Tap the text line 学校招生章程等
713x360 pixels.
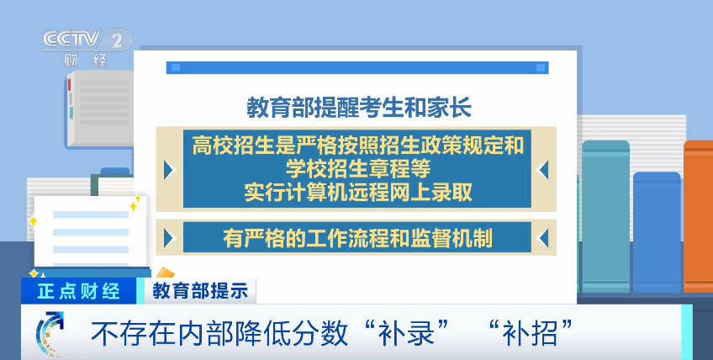(357, 168)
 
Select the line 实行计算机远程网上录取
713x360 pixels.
(357, 192)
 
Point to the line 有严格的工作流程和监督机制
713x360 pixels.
(357, 237)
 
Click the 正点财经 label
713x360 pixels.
(79, 291)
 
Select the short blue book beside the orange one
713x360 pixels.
(657, 232)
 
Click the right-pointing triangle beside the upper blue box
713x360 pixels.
(170, 169)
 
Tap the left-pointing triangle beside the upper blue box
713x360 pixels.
(543, 169)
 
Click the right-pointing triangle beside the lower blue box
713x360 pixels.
(170, 236)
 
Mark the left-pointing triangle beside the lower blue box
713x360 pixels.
(543, 236)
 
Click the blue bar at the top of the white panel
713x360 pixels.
(357, 67)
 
